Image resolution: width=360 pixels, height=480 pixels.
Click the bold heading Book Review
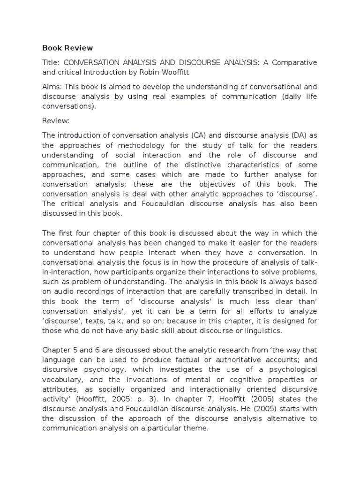tap(67, 48)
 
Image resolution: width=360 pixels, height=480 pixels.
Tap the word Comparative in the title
tap(293, 62)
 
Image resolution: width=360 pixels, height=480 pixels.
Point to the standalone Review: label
tap(56, 121)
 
